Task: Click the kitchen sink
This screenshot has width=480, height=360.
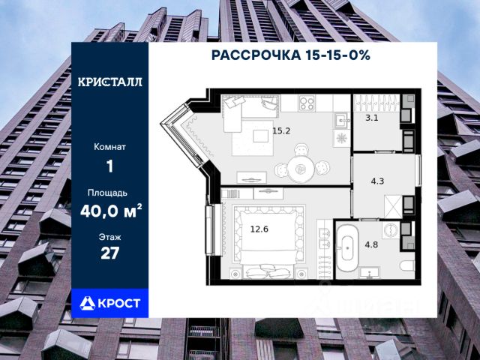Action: [340, 120]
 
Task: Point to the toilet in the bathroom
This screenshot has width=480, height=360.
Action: [404, 265]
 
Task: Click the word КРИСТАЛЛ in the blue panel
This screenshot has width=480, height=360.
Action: [110, 82]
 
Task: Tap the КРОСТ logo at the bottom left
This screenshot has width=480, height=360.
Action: [110, 302]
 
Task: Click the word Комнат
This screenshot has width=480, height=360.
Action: [110, 147]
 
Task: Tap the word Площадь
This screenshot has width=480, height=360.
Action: [110, 192]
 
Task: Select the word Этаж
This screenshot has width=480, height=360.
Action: [110, 236]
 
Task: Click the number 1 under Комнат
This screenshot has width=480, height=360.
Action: [110, 166]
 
